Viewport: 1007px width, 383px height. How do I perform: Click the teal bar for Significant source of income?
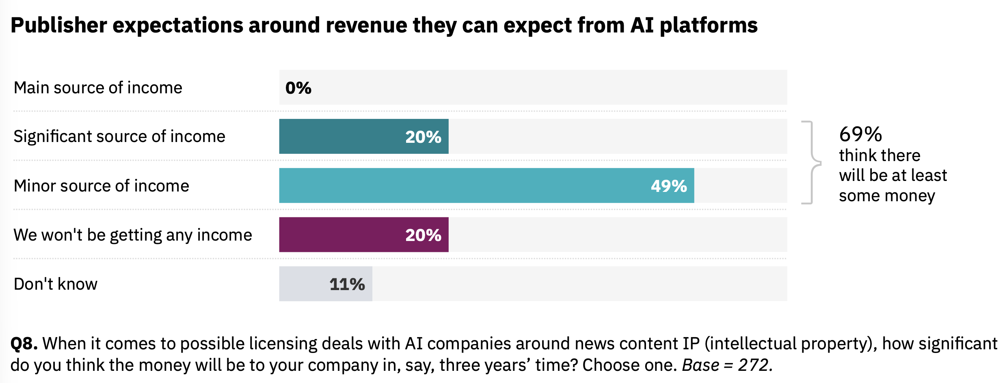[x=345, y=136]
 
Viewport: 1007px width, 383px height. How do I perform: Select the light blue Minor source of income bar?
[x=467, y=185]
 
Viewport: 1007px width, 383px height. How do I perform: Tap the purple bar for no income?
[x=345, y=235]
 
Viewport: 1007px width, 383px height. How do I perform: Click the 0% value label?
[x=298, y=88]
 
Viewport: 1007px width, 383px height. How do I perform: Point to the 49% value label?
[x=669, y=186]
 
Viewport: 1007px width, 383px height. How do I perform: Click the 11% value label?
[x=347, y=284]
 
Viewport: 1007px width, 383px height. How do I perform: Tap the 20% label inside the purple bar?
[x=423, y=235]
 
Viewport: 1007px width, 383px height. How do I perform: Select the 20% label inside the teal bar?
[x=423, y=137]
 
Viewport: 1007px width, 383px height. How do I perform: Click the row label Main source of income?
[x=98, y=88]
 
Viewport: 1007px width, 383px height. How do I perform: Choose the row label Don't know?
[x=56, y=284]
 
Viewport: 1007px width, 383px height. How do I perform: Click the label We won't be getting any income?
[x=133, y=235]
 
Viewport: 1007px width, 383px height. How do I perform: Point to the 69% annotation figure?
[x=860, y=134]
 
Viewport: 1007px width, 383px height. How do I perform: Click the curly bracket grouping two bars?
[x=811, y=162]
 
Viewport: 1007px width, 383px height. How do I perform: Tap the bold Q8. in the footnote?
[x=24, y=344]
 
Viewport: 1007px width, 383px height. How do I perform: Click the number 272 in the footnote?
[x=753, y=365]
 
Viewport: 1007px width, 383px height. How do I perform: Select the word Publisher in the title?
[x=58, y=26]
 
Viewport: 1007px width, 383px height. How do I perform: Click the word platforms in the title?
[x=709, y=26]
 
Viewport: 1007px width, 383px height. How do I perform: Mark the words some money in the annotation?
[x=887, y=196]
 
